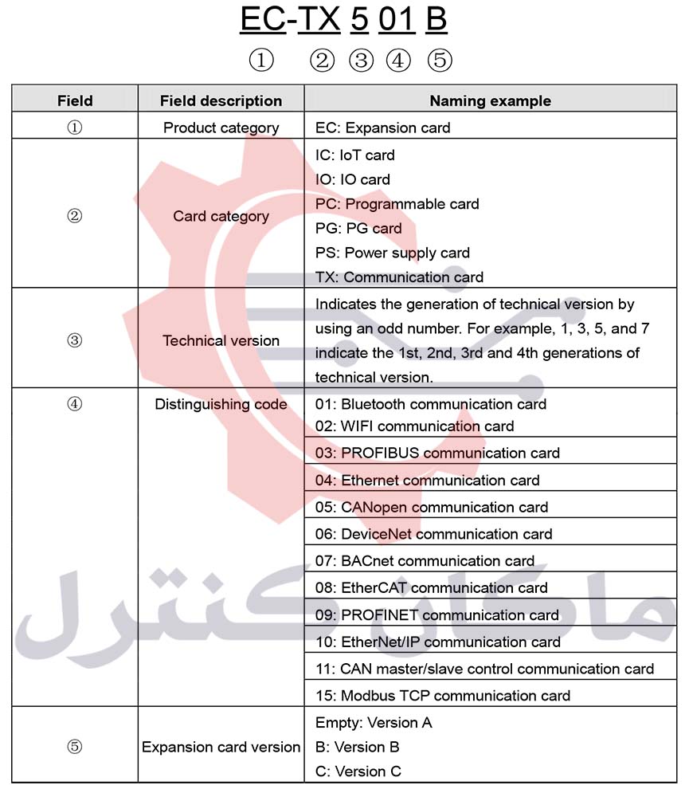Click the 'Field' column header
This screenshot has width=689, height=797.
(x=75, y=100)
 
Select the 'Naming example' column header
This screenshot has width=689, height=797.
(x=490, y=100)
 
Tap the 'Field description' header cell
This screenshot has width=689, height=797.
(x=221, y=100)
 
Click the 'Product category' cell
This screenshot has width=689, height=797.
(x=221, y=128)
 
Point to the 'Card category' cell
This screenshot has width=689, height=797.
(x=221, y=216)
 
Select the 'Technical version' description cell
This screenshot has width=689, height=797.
(x=221, y=340)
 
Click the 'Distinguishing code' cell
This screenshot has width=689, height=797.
(x=221, y=404)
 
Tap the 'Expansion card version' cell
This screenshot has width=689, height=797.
(x=221, y=747)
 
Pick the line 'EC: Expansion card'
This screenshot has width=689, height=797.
(x=382, y=128)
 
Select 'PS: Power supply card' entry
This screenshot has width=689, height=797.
(x=392, y=253)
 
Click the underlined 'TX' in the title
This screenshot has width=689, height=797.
(x=319, y=19)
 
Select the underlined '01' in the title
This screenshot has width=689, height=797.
(x=397, y=19)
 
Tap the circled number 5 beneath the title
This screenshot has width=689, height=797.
(x=439, y=61)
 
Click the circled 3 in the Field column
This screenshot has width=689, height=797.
(x=74, y=340)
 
